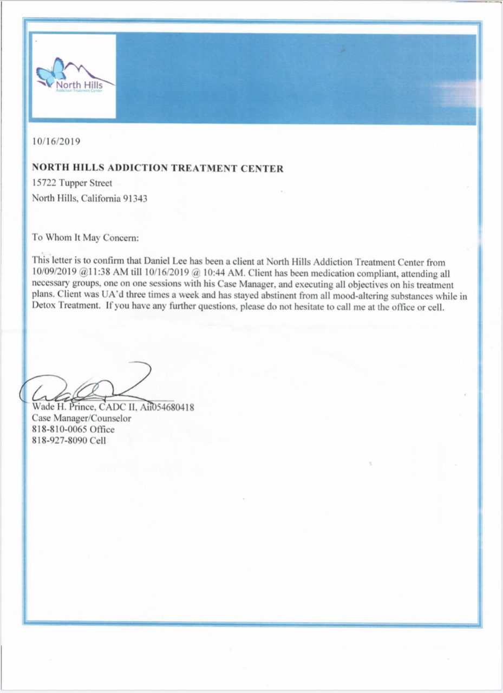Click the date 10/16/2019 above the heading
[x=56, y=142]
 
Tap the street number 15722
[x=44, y=184]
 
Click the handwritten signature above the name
[x=87, y=385]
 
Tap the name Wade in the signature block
[x=43, y=407]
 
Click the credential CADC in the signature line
[x=112, y=407]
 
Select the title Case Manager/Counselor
[x=81, y=419]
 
